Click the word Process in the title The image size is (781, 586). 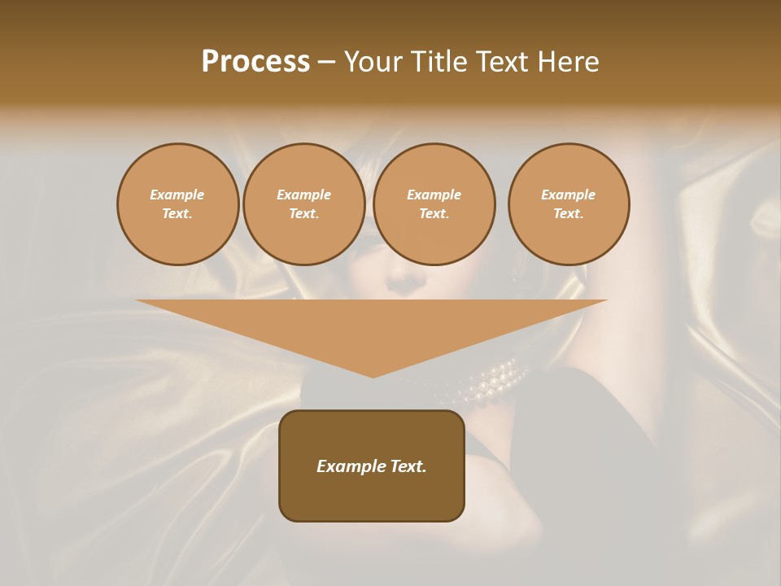pos(255,61)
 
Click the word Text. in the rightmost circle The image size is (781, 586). pos(568,213)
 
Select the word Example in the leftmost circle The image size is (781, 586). pos(177,195)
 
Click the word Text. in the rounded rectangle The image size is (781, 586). pos(407,466)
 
